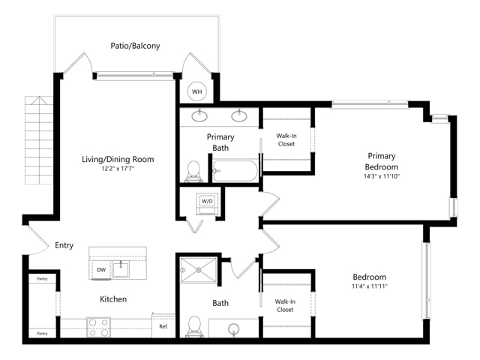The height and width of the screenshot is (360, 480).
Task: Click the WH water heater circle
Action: pos(196,91)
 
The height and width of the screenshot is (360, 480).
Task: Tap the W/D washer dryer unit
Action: pos(207,203)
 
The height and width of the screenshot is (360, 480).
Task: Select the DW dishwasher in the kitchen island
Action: pos(101,270)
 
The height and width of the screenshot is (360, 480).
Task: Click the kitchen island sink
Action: pos(121,269)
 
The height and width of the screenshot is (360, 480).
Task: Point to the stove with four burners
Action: pos(98,327)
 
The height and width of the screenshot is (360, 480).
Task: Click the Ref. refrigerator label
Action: pos(163,327)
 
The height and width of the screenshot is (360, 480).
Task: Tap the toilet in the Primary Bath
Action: pos(193,172)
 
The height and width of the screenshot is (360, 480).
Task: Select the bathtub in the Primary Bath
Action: pos(235,171)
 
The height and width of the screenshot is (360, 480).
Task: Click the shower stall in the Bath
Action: pos(198,271)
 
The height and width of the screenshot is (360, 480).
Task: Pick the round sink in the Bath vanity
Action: pos(234,329)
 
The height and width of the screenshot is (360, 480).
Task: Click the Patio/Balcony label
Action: pos(135,46)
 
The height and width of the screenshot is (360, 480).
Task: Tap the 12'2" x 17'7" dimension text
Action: pos(118,169)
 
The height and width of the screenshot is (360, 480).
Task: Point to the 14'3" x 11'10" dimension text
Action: pos(382,176)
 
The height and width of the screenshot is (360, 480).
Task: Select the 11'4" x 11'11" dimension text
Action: pos(370,286)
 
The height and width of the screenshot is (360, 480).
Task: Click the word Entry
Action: pos(64,245)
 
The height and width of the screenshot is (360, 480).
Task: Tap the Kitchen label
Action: pos(113,299)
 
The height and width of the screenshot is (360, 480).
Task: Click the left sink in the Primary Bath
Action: pos(199,115)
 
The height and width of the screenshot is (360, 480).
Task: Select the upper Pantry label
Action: pos(42,279)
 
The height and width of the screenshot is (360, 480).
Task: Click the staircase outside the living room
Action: pos(39,140)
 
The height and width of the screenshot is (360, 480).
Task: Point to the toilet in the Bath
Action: pos(193,327)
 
